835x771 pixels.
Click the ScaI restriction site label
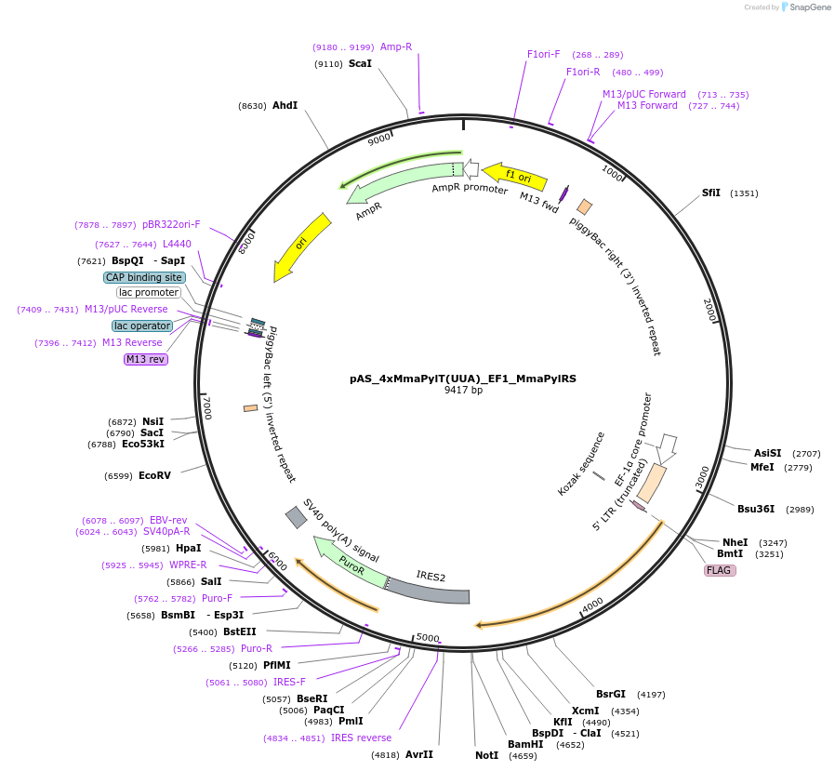click(360, 64)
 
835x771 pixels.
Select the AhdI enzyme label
click(285, 106)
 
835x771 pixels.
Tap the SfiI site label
click(711, 193)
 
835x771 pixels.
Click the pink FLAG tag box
click(720, 570)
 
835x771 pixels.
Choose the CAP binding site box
click(144, 277)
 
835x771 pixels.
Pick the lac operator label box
click(142, 326)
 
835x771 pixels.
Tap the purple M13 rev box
click(145, 359)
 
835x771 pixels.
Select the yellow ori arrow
click(300, 246)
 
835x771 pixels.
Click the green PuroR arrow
click(351, 561)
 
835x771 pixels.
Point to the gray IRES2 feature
click(430, 589)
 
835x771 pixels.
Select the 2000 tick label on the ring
click(709, 310)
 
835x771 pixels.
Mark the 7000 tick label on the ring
click(207, 408)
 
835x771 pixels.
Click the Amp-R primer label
click(396, 47)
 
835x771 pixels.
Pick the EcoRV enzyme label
click(155, 475)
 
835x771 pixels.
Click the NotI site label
click(486, 755)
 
